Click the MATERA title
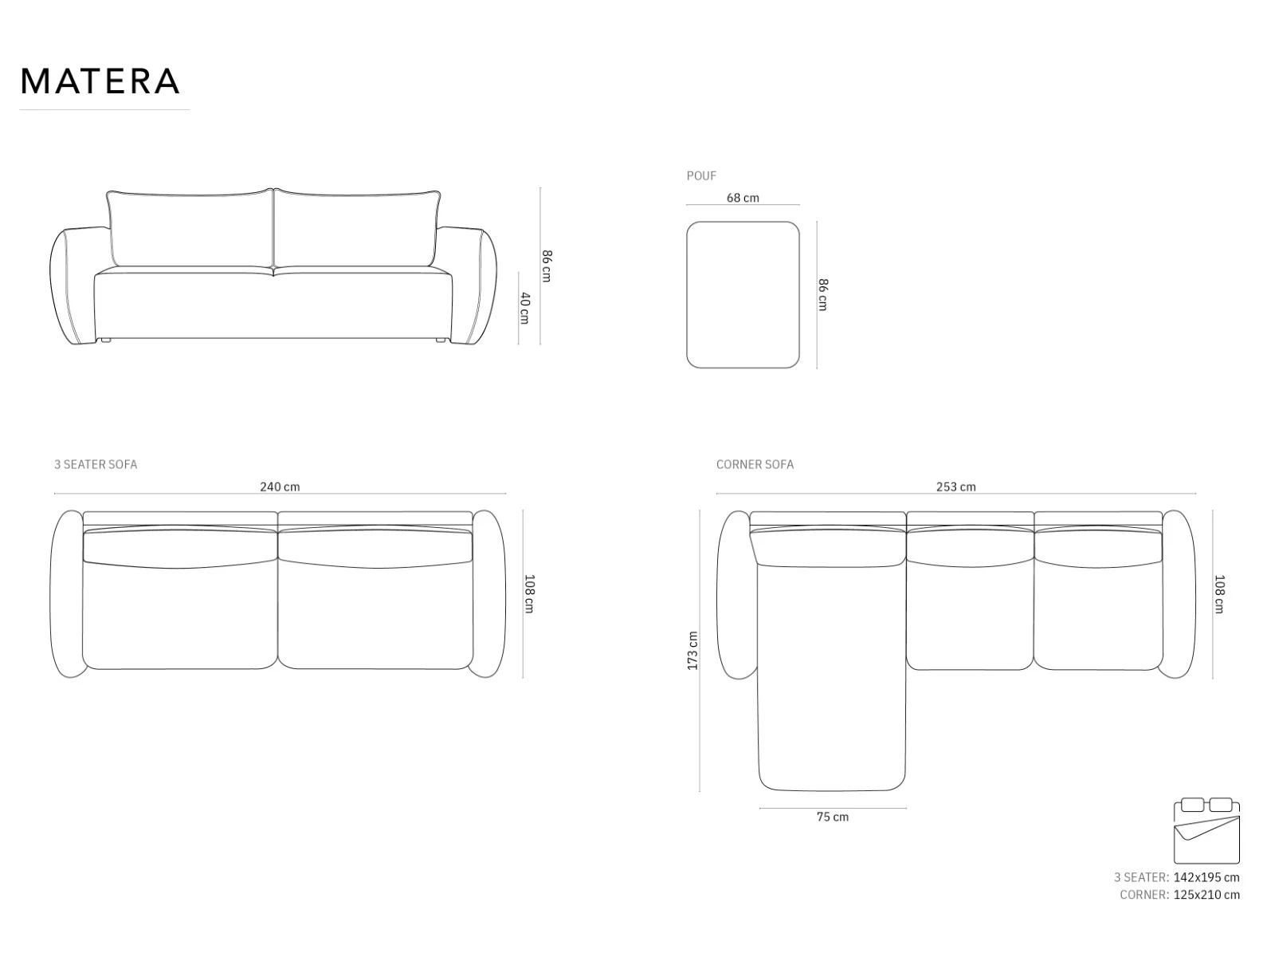pos(100,81)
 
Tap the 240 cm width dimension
pos(280,487)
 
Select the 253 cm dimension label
pos(955,487)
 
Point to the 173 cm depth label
pos(692,651)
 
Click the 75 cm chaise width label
pos(833,817)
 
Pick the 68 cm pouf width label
pos(743,198)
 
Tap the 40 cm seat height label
pos(524,308)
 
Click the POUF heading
pos(701,175)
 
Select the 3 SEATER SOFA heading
pos(96,464)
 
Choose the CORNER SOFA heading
pos(755,464)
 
